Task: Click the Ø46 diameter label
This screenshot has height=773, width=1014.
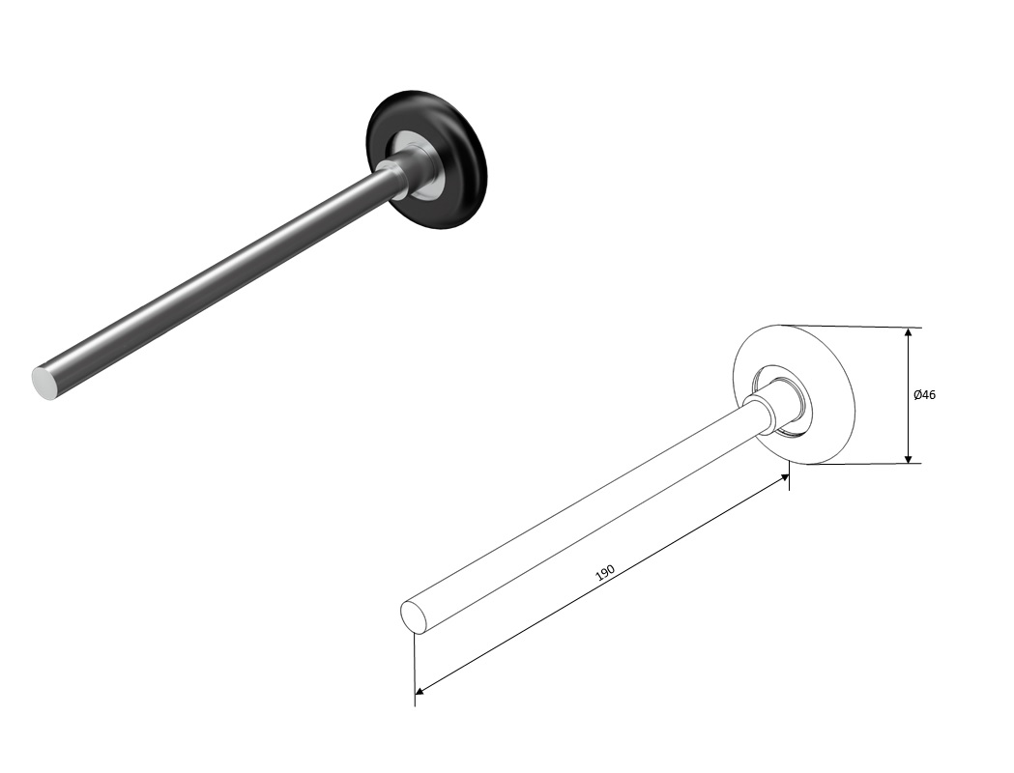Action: point(924,394)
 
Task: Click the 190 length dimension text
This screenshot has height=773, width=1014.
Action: point(605,573)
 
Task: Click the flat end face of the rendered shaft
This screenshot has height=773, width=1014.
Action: point(44,383)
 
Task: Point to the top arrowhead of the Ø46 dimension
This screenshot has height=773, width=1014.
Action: point(909,332)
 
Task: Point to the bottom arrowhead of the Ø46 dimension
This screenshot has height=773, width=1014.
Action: point(909,458)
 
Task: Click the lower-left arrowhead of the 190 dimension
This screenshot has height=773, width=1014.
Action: point(420,692)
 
